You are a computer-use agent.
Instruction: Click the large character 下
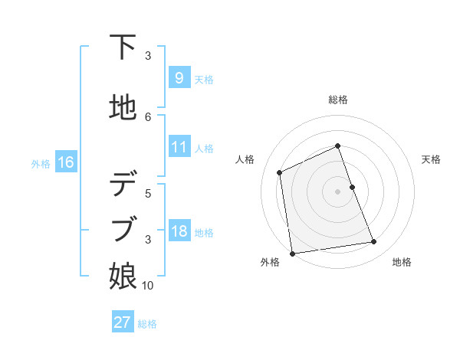click(123, 48)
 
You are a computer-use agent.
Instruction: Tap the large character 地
click(123, 106)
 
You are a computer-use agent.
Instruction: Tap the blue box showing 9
click(179, 78)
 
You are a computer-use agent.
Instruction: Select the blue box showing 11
click(179, 147)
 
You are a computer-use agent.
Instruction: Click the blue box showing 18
click(179, 231)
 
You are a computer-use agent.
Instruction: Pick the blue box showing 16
click(65, 162)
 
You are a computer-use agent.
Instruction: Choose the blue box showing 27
click(123, 322)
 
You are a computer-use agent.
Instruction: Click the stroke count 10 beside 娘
click(148, 286)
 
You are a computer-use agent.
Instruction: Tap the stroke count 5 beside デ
click(148, 193)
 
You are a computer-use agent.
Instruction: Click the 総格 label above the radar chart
click(338, 100)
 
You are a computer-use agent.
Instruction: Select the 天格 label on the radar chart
click(431, 159)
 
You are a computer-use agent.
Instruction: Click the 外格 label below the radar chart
click(270, 262)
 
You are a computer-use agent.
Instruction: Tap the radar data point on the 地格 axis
click(374, 242)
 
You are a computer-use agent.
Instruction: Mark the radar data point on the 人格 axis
click(280, 172)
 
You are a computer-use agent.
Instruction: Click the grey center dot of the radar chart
click(338, 191)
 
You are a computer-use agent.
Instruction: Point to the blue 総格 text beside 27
click(147, 323)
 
